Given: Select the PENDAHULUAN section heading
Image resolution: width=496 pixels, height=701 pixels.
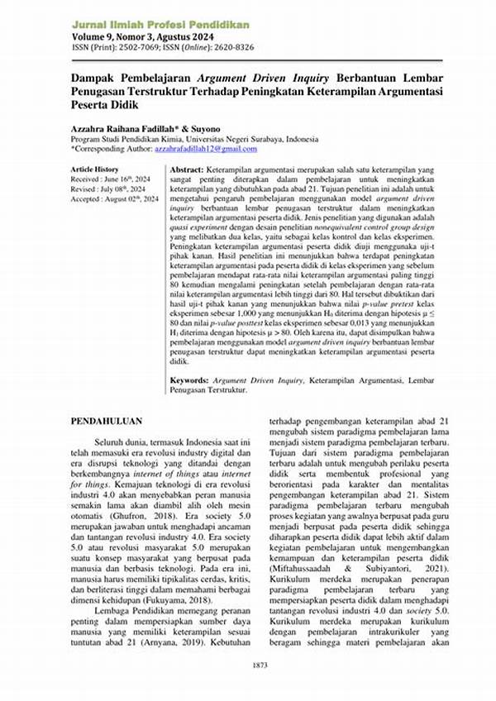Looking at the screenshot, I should [108, 420].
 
